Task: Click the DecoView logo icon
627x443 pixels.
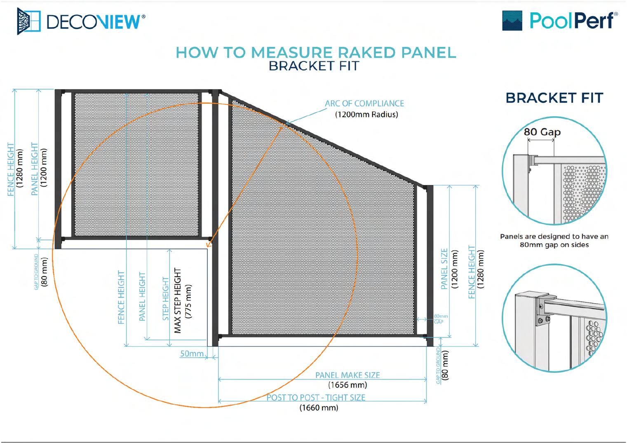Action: point(29,21)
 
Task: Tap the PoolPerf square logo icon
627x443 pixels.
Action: point(512,21)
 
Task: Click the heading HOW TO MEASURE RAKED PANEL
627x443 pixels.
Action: point(316,52)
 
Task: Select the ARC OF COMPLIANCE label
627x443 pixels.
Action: point(364,103)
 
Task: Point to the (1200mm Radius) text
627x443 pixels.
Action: point(366,115)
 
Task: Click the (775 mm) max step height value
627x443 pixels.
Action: point(189,301)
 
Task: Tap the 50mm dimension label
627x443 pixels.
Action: point(192,354)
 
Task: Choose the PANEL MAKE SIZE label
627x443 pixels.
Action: point(348,375)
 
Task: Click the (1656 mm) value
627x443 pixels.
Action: point(348,385)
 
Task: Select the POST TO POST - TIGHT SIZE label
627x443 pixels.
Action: point(316,397)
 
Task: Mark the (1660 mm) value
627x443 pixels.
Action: point(319,408)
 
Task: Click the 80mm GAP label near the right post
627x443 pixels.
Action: point(441,319)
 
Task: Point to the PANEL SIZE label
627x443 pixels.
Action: point(444,269)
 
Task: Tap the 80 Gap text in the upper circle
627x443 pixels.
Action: point(542,132)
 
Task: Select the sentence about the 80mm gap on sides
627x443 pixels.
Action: point(554,241)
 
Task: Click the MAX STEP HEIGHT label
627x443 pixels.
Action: point(178,300)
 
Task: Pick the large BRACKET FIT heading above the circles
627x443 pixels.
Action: point(554,98)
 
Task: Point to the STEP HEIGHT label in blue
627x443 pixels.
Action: point(166,299)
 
